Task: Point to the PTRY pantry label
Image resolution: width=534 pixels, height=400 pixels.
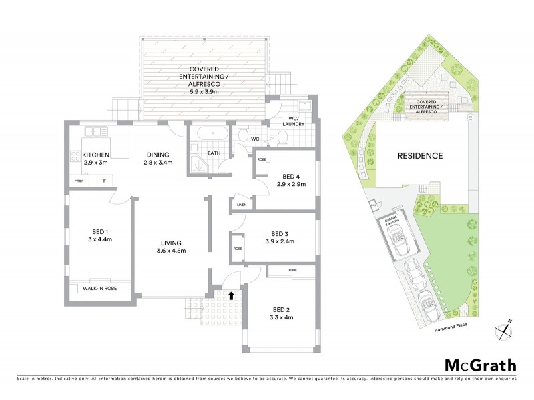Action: coord(77,181)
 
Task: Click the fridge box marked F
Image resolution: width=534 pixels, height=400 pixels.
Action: coord(104,181)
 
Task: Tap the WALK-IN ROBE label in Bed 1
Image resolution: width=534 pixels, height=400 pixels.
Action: coord(99,288)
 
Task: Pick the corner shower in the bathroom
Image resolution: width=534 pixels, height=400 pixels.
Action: coord(200,161)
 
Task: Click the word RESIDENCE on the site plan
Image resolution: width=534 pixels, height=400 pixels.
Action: coord(421,156)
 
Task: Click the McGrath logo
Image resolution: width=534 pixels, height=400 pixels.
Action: coord(480,365)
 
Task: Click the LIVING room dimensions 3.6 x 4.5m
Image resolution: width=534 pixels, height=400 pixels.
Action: coord(172,251)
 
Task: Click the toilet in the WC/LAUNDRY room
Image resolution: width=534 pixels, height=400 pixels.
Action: coord(282,137)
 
